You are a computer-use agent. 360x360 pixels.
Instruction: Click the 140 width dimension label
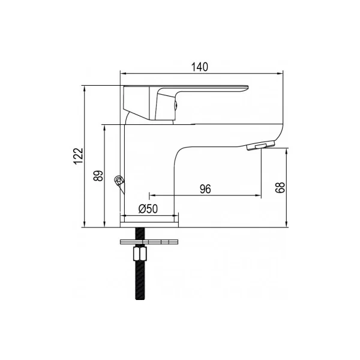(200, 67)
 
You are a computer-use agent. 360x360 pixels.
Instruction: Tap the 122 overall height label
(79, 156)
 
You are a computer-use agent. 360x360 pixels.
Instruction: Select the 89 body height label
(98, 176)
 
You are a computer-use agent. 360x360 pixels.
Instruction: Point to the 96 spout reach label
(205, 189)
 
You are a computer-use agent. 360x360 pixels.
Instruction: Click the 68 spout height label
(280, 187)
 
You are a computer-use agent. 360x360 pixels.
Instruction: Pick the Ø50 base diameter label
(148, 209)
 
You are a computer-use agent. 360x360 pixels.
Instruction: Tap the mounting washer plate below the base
(149, 242)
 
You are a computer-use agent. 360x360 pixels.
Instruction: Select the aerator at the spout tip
(261, 146)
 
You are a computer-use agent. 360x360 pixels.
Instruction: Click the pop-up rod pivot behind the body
(119, 181)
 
